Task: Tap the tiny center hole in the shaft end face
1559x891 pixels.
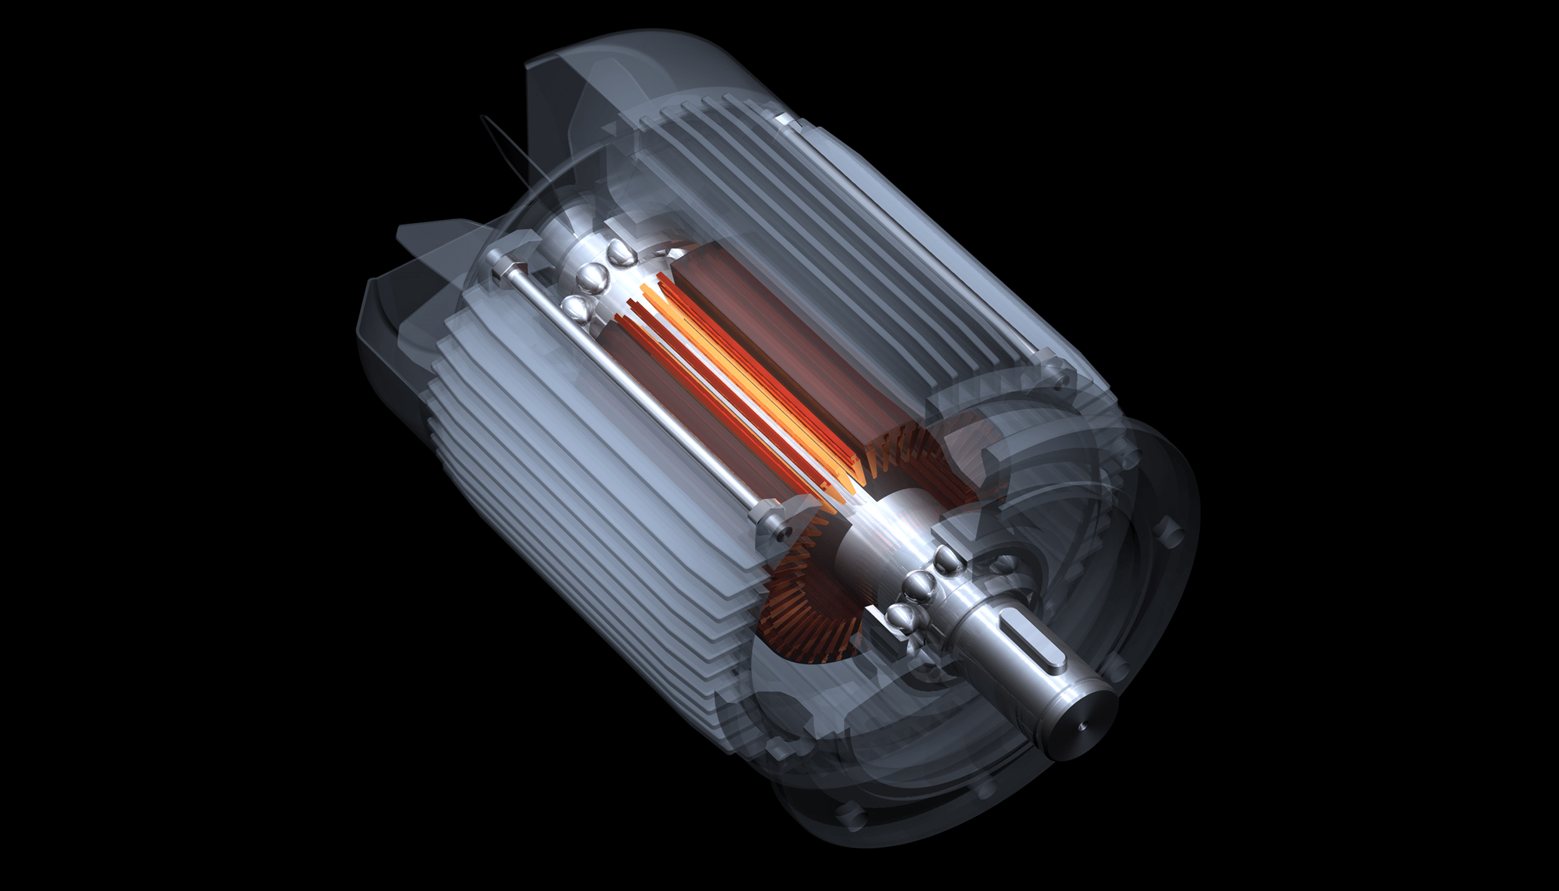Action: click(x=1083, y=726)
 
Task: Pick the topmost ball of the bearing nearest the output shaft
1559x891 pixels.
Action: click(x=948, y=558)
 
